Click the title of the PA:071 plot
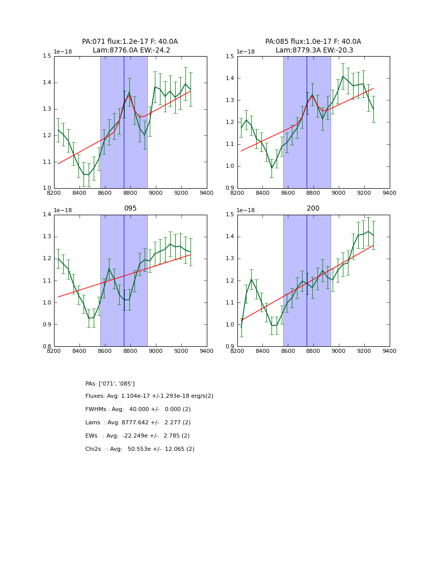[130, 46]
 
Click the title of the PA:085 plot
[313, 46]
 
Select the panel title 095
[130, 209]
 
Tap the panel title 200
[313, 209]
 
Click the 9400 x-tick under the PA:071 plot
[206, 193]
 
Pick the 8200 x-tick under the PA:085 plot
[237, 193]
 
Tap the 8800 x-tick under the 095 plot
[130, 351]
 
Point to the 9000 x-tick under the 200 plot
[339, 351]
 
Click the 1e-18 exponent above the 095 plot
[63, 210]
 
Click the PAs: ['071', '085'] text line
[110, 384]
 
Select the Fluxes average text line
[149, 396]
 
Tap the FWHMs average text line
[138, 410]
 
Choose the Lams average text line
[138, 423]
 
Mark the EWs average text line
[138, 436]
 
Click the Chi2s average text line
[140, 449]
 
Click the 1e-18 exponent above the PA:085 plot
[246, 52]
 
